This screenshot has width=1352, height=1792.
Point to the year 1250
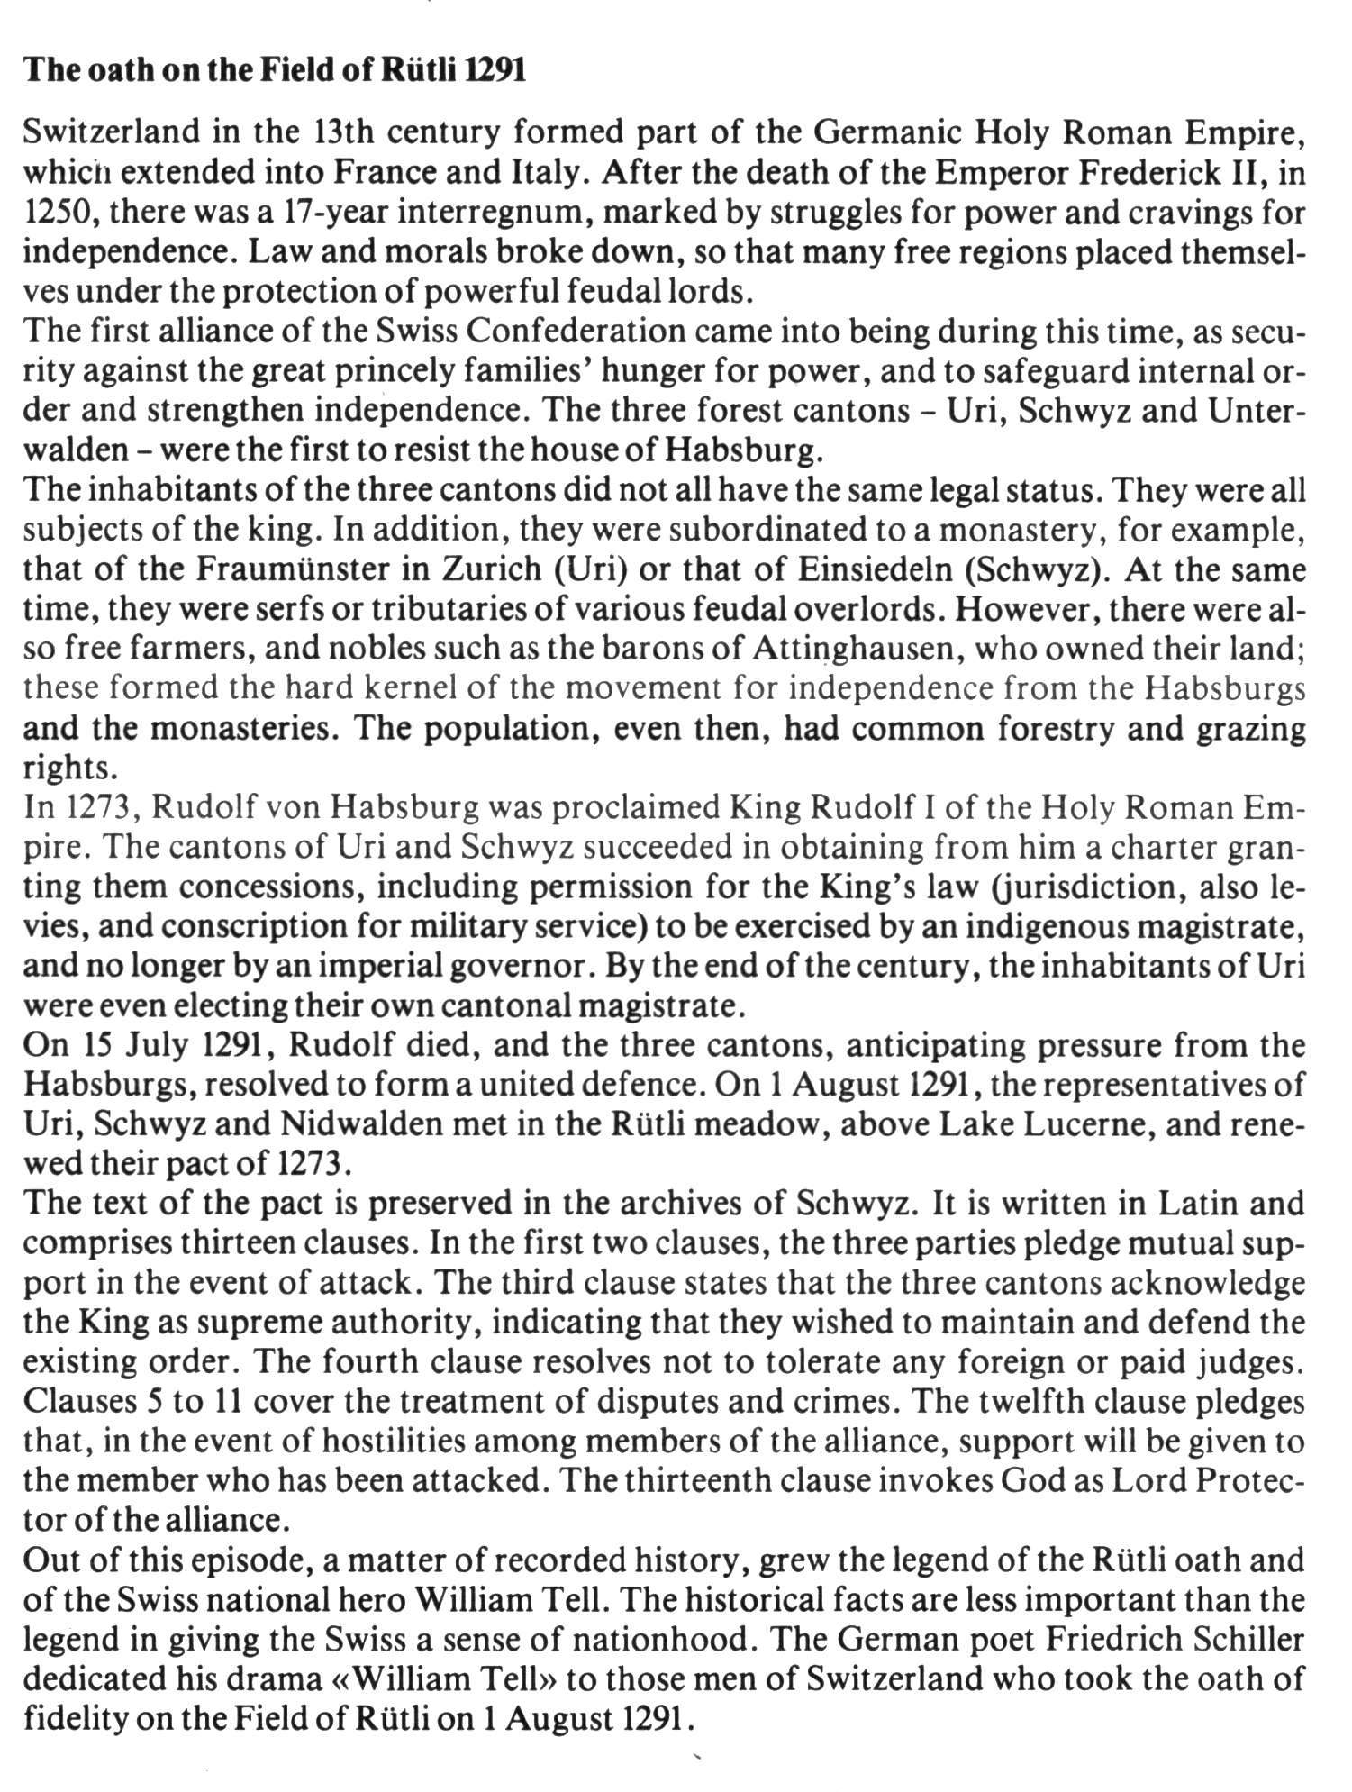(x=54, y=213)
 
